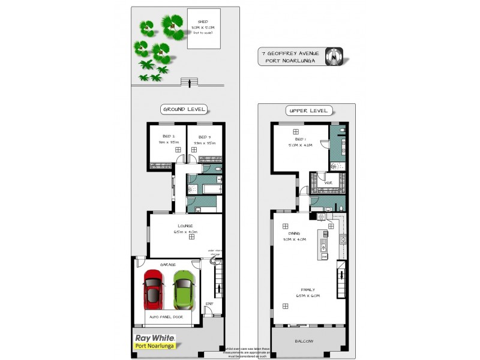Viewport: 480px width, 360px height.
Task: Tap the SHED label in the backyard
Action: (203, 22)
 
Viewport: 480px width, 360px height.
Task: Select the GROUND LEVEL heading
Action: (184, 109)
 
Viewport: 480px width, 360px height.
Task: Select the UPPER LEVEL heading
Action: (308, 110)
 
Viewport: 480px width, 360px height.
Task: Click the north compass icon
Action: (334, 56)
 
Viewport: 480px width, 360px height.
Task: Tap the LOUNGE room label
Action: (184, 226)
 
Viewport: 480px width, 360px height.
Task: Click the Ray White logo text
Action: (151, 338)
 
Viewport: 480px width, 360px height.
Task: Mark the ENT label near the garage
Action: (209, 304)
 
